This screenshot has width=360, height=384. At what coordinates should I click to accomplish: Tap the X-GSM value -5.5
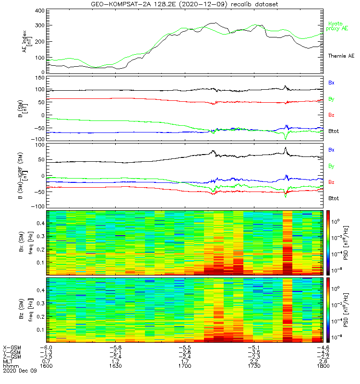coord(185,347)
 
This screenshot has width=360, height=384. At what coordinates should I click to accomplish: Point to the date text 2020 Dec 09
coord(19,371)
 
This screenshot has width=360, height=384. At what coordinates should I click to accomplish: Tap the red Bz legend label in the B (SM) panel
coord(331,115)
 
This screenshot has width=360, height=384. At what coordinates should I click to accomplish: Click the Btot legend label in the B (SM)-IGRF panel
coord(334,198)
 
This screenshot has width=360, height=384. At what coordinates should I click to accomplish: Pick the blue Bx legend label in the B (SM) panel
coord(331,83)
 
